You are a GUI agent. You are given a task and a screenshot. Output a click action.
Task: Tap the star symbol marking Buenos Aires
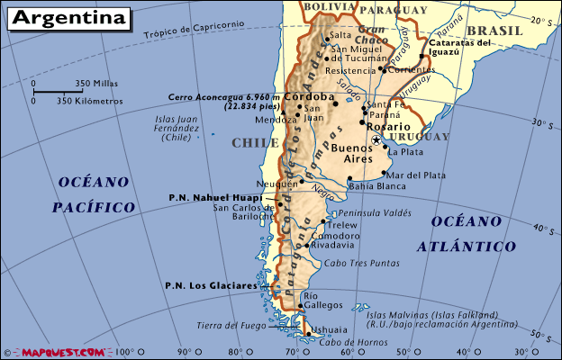376,140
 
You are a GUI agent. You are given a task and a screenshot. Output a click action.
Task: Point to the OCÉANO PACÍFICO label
94,194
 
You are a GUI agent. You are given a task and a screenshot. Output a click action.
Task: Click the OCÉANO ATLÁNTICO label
473,233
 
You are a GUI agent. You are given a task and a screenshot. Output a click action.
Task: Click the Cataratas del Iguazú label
458,47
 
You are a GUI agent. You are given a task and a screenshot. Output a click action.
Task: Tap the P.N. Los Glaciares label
212,285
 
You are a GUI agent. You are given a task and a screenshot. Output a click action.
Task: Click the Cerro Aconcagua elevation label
224,101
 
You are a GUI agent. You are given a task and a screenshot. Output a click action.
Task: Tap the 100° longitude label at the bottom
123,351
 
